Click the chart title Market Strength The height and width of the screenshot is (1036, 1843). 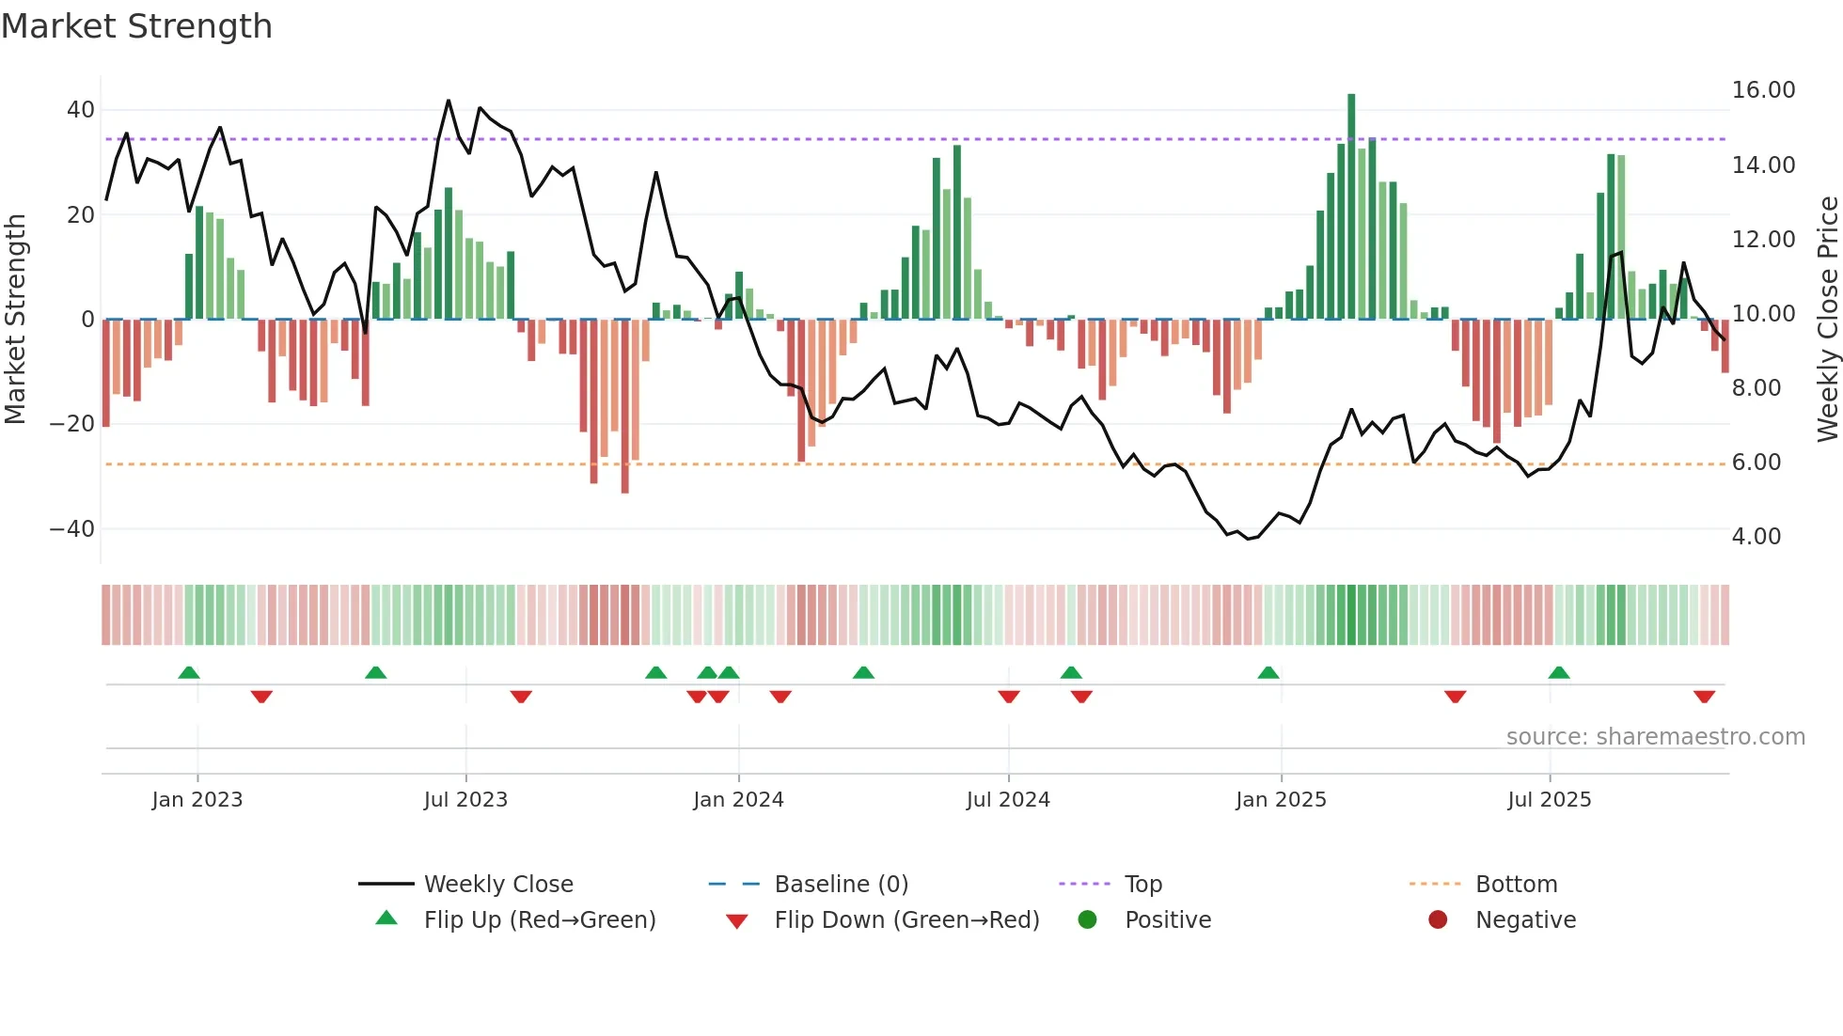tap(136, 26)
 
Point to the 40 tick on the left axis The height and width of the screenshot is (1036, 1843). tap(81, 110)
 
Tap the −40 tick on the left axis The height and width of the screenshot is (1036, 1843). tap(73, 529)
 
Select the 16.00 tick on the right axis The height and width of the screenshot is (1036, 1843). tap(1763, 90)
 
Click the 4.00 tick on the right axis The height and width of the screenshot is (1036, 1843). tap(1756, 537)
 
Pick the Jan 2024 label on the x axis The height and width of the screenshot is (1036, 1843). tap(738, 800)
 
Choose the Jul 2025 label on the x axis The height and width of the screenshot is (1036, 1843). tap(1549, 800)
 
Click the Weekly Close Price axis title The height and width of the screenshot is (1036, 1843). tap(1827, 320)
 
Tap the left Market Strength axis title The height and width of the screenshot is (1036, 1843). tap(16, 320)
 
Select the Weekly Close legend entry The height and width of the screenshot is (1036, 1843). tap(497, 885)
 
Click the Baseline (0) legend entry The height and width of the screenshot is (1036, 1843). tap(841, 885)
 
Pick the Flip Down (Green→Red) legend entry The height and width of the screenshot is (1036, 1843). tap(906, 920)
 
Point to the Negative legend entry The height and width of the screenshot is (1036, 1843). tap(1524, 920)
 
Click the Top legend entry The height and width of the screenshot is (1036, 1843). tap(1142, 885)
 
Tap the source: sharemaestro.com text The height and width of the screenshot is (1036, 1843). tap(1655, 737)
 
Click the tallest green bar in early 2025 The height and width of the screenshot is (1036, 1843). tap(1351, 207)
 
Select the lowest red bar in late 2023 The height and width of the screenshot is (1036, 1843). tap(624, 406)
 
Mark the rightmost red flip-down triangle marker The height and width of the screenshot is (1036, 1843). tap(1704, 697)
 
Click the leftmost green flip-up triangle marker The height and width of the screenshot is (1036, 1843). tap(189, 672)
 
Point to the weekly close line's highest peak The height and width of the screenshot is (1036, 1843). tap(449, 101)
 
